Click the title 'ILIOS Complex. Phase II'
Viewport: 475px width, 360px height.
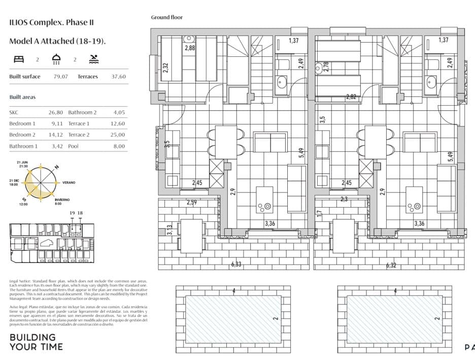51,22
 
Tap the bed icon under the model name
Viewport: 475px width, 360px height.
18,59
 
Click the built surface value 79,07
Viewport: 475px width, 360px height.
61,77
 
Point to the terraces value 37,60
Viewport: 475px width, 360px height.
118,77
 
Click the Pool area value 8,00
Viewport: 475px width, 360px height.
119,146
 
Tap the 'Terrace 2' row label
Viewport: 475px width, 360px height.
79,135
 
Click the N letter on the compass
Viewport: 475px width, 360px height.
57,167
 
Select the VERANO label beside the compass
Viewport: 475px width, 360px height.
69,182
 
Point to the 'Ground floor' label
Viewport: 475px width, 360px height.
166,17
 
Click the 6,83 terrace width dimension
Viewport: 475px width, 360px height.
236,264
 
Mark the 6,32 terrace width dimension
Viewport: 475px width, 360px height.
391,265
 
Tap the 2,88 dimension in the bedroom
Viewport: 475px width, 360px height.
190,48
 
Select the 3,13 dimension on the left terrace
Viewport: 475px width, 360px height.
169,230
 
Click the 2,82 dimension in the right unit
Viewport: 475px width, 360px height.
351,97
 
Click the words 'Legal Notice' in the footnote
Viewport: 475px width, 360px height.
20,281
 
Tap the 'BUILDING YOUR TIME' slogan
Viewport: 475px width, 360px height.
36,342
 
